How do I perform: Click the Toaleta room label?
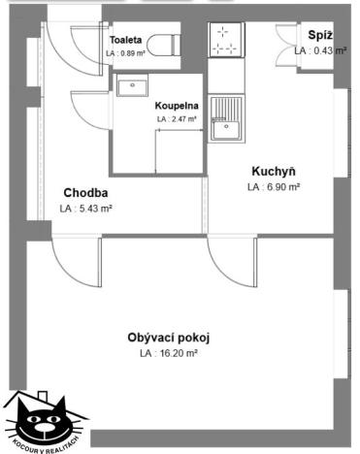[x=125, y=40]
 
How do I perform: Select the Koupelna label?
[x=176, y=106]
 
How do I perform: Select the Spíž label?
[x=321, y=34]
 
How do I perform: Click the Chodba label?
[x=85, y=191]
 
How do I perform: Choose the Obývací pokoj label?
[x=168, y=338]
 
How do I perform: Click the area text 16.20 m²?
[x=168, y=354]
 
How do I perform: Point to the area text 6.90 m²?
[x=273, y=186]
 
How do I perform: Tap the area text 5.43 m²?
[x=85, y=208]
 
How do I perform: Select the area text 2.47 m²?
[x=176, y=119]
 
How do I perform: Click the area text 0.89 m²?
[x=125, y=54]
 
